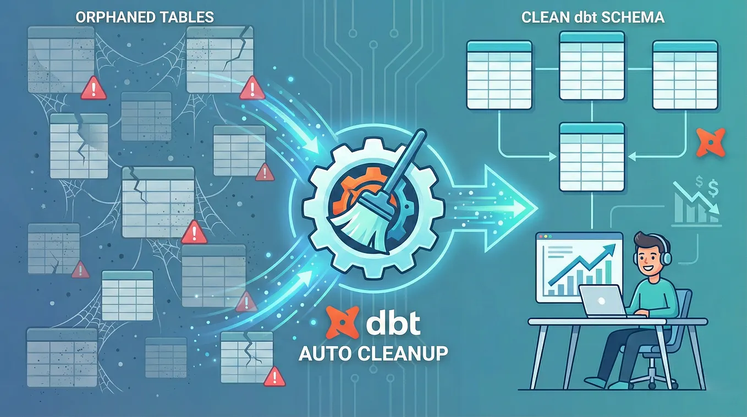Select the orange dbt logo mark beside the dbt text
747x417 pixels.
click(342, 322)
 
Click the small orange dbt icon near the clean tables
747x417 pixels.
click(711, 142)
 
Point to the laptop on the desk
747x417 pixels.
click(602, 301)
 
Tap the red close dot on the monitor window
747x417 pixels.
click(541, 237)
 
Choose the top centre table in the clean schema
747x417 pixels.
click(591, 65)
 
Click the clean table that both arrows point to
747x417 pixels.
click(591, 157)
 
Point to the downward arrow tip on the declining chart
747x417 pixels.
click(715, 210)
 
